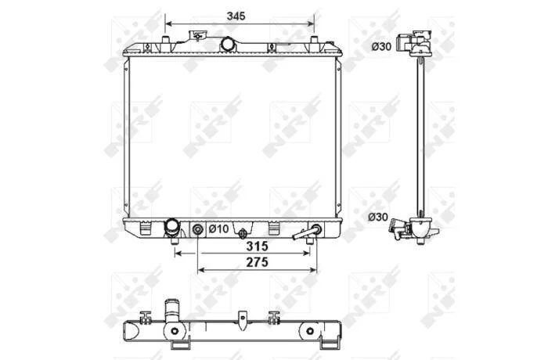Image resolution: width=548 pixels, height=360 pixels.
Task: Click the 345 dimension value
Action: point(236,16)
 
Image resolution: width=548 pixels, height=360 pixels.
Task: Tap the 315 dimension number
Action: point(257,246)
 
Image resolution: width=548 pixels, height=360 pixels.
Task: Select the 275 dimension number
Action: point(258,262)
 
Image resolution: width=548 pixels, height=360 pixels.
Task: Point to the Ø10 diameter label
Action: point(218,229)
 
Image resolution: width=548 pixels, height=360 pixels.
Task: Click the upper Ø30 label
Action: point(381,46)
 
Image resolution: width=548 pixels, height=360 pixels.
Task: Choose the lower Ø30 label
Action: point(378,217)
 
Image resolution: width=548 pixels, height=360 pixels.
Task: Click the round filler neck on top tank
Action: point(227,45)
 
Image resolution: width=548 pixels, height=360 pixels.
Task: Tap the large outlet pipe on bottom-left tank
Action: point(172,228)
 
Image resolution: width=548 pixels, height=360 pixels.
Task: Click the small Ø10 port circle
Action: point(198,229)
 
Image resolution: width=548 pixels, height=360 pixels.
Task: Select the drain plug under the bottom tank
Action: point(243,233)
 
